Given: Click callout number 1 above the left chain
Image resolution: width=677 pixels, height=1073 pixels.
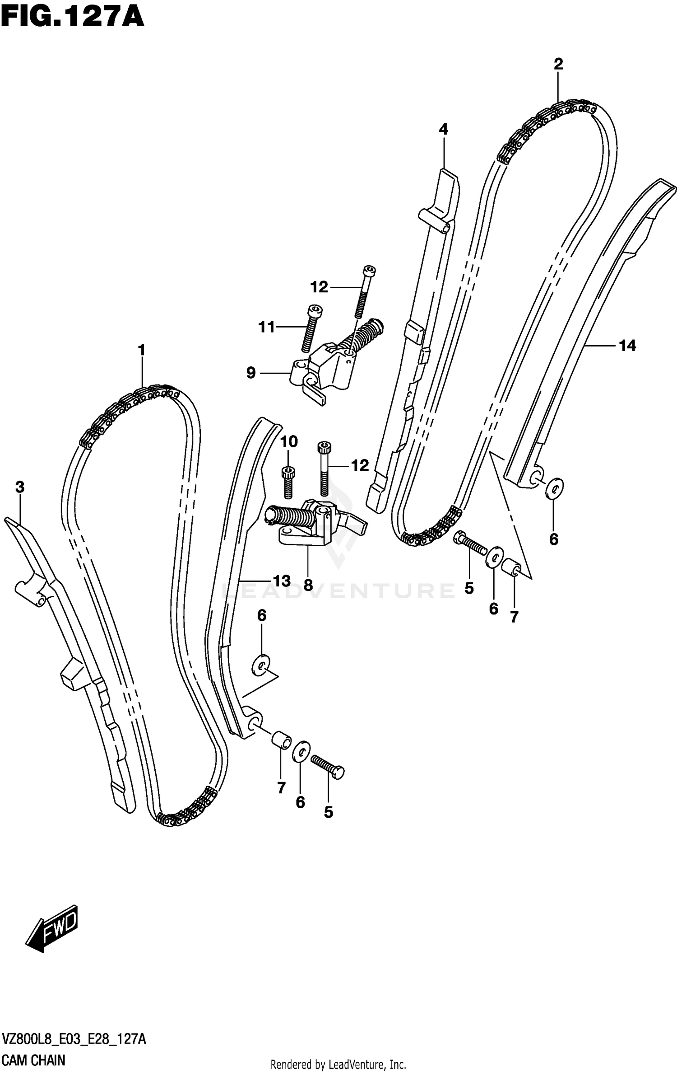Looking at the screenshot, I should coord(142,350).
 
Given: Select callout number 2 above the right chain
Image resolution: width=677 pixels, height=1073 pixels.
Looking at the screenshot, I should coord(558,65).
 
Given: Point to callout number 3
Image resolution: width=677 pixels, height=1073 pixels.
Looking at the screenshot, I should coord(19,487).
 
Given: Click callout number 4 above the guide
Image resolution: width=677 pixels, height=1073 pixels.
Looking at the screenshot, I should coord(443,130).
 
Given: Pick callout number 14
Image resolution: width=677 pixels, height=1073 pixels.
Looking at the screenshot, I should coord(627,346).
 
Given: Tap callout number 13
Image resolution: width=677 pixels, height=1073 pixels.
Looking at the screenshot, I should coord(282,581).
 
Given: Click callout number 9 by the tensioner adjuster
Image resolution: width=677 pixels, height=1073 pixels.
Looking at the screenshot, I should coord(251,373).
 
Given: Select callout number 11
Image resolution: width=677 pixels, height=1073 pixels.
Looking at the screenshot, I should coord(266,327).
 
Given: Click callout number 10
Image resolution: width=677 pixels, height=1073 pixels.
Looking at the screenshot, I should coord(289,441).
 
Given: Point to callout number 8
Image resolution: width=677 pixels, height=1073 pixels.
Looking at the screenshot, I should coord(308,586).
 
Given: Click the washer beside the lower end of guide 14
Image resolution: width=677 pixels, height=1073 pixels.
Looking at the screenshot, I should coord(555,488).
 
